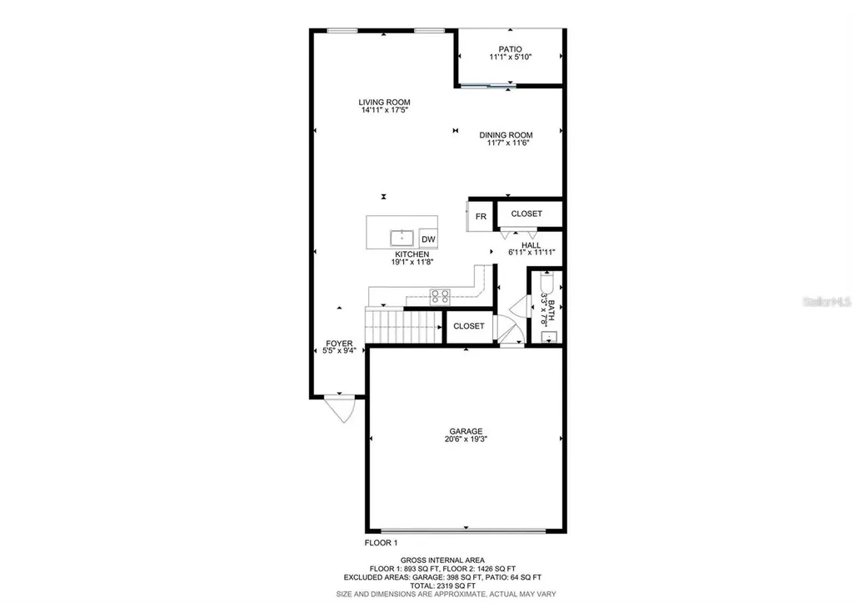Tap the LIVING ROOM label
tap(384, 102)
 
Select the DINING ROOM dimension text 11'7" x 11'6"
tap(509, 143)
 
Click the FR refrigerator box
tap(481, 217)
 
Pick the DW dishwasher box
tap(428, 239)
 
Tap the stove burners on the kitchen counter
tap(440, 294)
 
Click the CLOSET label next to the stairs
tap(469, 326)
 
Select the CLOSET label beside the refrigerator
tap(526, 214)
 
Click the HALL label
tap(531, 245)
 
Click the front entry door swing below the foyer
tap(340, 409)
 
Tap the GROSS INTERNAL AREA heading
tap(442, 560)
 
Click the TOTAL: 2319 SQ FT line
tap(442, 585)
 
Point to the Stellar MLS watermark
tap(825, 306)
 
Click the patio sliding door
tap(487, 85)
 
